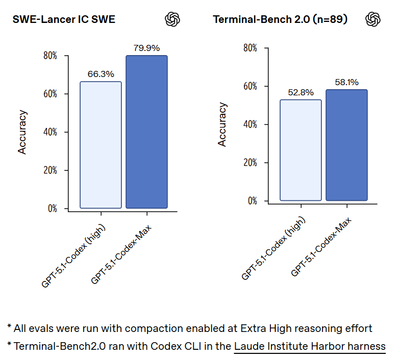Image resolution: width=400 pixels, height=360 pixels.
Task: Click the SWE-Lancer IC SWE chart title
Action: [x=64, y=20]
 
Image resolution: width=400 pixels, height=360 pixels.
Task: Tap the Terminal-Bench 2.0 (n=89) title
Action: [x=280, y=20]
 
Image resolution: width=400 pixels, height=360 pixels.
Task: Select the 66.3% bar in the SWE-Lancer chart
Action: [x=101, y=145]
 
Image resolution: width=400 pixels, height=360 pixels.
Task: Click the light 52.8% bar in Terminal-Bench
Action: [x=301, y=150]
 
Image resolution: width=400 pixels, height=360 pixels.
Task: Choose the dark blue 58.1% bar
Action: [x=346, y=145]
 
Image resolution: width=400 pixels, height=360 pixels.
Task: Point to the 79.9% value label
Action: [x=146, y=48]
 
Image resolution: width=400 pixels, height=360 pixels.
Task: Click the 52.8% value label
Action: [x=301, y=92]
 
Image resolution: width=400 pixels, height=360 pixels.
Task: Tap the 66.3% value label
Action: [x=101, y=74]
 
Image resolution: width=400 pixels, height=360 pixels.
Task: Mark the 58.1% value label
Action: [x=346, y=82]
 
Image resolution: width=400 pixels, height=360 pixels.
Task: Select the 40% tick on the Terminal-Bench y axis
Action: [x=249, y=124]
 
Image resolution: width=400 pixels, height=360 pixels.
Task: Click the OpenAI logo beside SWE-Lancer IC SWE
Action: [x=173, y=19]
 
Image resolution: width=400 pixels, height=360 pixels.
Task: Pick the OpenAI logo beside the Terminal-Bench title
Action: [x=373, y=19]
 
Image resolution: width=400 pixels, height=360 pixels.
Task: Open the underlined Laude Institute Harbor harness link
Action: [x=310, y=346]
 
